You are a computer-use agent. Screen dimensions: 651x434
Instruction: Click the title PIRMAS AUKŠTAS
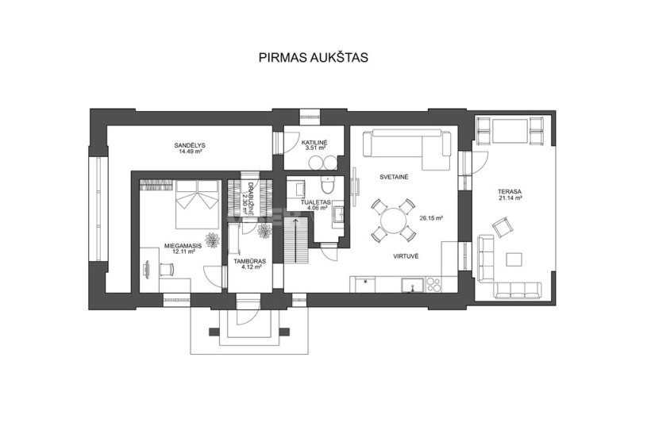(x=313, y=57)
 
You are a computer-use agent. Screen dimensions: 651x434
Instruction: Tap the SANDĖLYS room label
(x=190, y=145)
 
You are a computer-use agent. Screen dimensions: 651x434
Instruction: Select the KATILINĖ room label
(x=314, y=142)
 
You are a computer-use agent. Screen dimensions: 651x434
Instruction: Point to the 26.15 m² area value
(x=431, y=217)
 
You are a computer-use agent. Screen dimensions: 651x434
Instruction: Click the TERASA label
(x=510, y=192)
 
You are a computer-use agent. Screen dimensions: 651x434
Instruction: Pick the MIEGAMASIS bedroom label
(x=183, y=246)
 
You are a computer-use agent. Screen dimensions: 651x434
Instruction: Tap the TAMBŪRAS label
(x=249, y=261)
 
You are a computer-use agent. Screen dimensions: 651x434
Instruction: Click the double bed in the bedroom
(x=197, y=204)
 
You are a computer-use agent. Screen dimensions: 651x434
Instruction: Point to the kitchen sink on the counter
(x=412, y=285)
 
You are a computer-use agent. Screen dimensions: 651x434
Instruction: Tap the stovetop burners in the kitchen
(x=433, y=285)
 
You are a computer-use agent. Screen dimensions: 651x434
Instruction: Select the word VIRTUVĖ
(x=406, y=256)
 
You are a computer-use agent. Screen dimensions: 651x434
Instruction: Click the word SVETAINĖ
(x=394, y=177)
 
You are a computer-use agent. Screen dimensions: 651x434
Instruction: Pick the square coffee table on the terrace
(x=514, y=259)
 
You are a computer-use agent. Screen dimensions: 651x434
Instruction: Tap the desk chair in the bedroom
(x=167, y=269)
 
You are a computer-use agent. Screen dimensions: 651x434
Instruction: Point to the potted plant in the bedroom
(x=213, y=240)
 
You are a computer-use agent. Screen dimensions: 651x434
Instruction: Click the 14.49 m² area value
(x=191, y=152)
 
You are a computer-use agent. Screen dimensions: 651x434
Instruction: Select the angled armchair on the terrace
(x=503, y=227)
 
